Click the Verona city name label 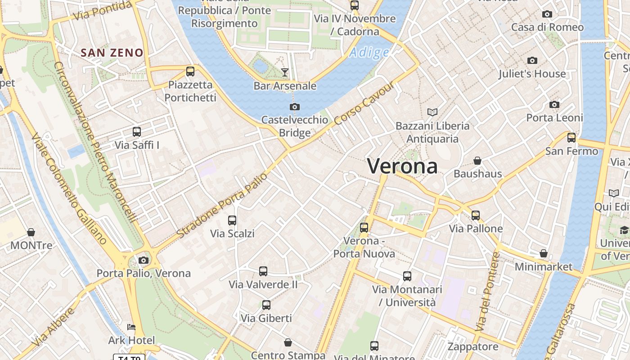click(402, 166)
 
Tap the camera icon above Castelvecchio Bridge click(295, 107)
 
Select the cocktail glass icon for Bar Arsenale click(284, 72)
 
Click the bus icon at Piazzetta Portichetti click(190, 71)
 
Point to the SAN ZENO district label click(112, 53)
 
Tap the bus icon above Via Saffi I click(137, 132)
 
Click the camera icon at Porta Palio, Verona click(144, 260)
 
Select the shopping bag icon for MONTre click(31, 232)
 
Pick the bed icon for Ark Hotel click(131, 327)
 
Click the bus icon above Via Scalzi click(232, 220)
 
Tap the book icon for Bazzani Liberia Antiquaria click(432, 112)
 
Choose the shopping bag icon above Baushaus click(477, 161)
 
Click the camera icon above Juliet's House click(532, 60)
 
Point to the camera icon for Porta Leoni click(554, 104)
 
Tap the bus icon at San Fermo click(571, 138)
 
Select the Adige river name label click(369, 53)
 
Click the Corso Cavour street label click(364, 104)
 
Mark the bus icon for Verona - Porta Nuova click(364, 228)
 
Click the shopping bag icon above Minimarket click(544, 253)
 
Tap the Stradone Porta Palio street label click(222, 206)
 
